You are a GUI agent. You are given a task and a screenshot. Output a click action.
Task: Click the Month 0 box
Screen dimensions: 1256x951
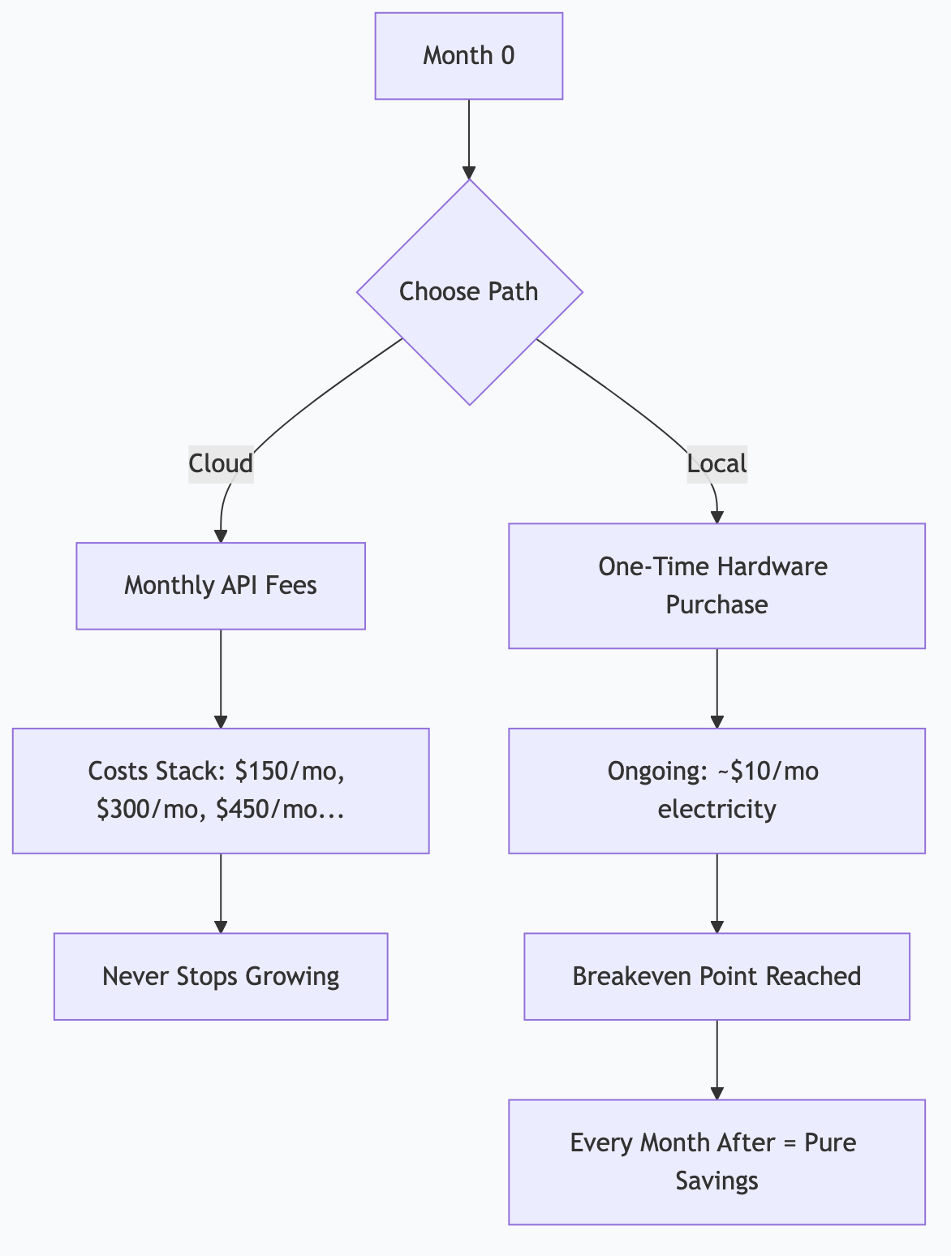pos(468,56)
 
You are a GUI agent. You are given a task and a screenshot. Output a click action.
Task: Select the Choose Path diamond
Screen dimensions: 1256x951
pos(469,291)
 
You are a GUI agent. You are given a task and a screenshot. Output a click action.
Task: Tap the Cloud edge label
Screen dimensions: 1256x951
pos(221,463)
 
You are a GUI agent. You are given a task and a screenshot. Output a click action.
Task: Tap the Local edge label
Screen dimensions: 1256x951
pos(716,463)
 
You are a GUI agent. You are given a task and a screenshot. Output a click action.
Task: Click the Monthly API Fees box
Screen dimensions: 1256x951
pos(221,586)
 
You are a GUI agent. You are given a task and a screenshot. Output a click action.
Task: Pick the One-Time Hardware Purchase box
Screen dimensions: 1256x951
pos(716,586)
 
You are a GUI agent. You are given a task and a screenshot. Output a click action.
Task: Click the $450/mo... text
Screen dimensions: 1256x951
pos(280,810)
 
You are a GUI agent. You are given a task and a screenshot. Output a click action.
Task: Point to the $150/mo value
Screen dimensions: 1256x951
pos(290,771)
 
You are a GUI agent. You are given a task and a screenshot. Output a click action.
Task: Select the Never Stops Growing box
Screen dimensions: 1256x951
pos(221,976)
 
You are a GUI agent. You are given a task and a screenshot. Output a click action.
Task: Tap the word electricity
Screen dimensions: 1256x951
pos(716,810)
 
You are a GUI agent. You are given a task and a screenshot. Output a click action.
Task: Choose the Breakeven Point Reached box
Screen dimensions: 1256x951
pos(716,976)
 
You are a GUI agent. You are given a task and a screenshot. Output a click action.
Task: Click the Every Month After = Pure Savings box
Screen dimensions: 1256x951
pos(716,1161)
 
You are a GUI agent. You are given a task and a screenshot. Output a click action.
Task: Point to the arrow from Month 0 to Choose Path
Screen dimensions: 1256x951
pos(469,138)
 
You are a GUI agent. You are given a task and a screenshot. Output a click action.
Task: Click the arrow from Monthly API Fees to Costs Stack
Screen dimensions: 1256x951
pos(221,678)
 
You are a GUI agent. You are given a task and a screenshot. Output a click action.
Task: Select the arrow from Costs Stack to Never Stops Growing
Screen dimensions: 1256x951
pos(221,893)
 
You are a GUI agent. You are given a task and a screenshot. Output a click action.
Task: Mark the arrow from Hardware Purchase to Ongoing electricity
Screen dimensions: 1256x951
pos(716,688)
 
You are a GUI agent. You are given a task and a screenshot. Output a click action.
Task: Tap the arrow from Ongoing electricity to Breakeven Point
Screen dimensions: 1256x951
pos(716,893)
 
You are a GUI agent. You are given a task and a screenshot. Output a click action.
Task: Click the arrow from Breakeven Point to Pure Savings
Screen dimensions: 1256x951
pos(716,1059)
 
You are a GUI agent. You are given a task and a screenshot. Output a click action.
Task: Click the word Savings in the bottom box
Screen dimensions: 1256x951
pos(716,1181)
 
